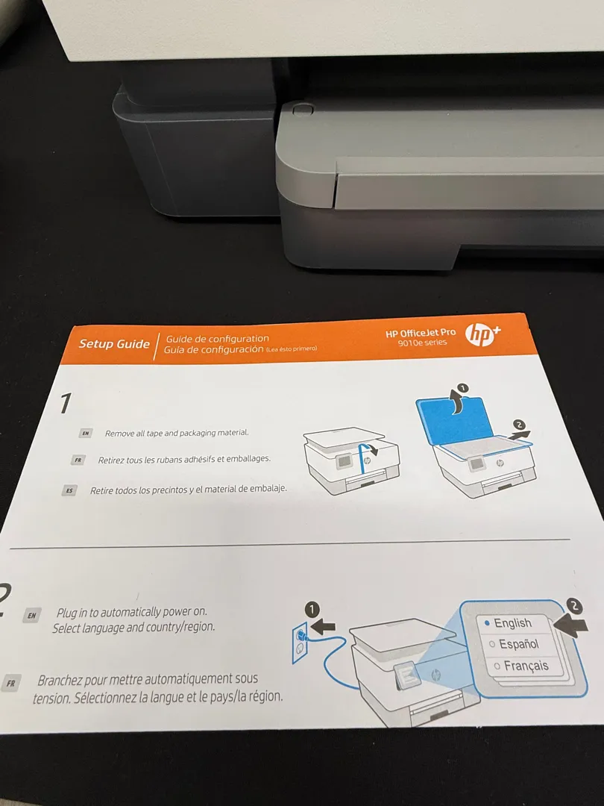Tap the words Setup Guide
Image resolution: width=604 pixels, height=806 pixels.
114,344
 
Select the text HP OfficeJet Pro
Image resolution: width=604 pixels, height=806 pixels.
420,333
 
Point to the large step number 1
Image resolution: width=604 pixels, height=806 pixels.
65,403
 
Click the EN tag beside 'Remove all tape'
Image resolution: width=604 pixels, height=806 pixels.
85,434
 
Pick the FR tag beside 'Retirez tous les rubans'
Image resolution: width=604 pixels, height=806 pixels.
78,460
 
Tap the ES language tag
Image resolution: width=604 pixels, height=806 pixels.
69,490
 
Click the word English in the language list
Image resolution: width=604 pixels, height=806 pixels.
512,623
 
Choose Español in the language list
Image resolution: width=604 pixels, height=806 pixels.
519,644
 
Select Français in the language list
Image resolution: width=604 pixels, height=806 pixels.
526,666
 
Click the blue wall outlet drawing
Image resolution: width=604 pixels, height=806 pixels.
300,643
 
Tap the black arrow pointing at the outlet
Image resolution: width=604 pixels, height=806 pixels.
324,627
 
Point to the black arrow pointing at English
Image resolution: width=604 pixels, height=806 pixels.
570,625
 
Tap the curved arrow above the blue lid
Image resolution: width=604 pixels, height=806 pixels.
456,401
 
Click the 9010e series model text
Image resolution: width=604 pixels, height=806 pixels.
422,343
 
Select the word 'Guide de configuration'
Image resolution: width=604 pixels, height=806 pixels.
217,339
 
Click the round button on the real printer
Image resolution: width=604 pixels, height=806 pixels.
303,109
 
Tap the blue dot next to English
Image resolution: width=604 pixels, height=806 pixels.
487,623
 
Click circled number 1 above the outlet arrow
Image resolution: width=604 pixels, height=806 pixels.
312,610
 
